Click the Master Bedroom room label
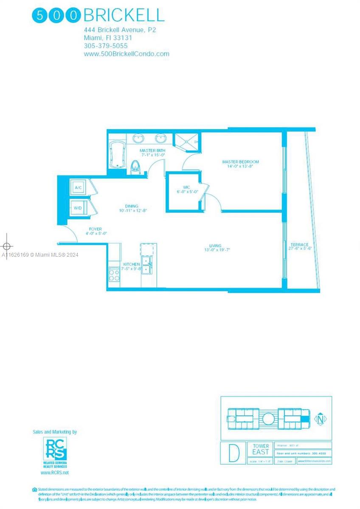click(240, 162)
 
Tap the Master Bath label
click(152, 151)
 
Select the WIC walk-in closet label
click(186, 187)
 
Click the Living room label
click(215, 246)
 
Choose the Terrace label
click(299, 245)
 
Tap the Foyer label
click(95, 229)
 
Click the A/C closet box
click(78, 187)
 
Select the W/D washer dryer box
click(78, 208)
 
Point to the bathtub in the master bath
click(116, 155)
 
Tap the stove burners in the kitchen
click(114, 275)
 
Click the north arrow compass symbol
click(320, 419)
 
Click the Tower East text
click(261, 449)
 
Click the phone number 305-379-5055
click(106, 46)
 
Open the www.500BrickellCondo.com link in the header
click(127, 54)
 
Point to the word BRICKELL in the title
click(124, 15)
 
